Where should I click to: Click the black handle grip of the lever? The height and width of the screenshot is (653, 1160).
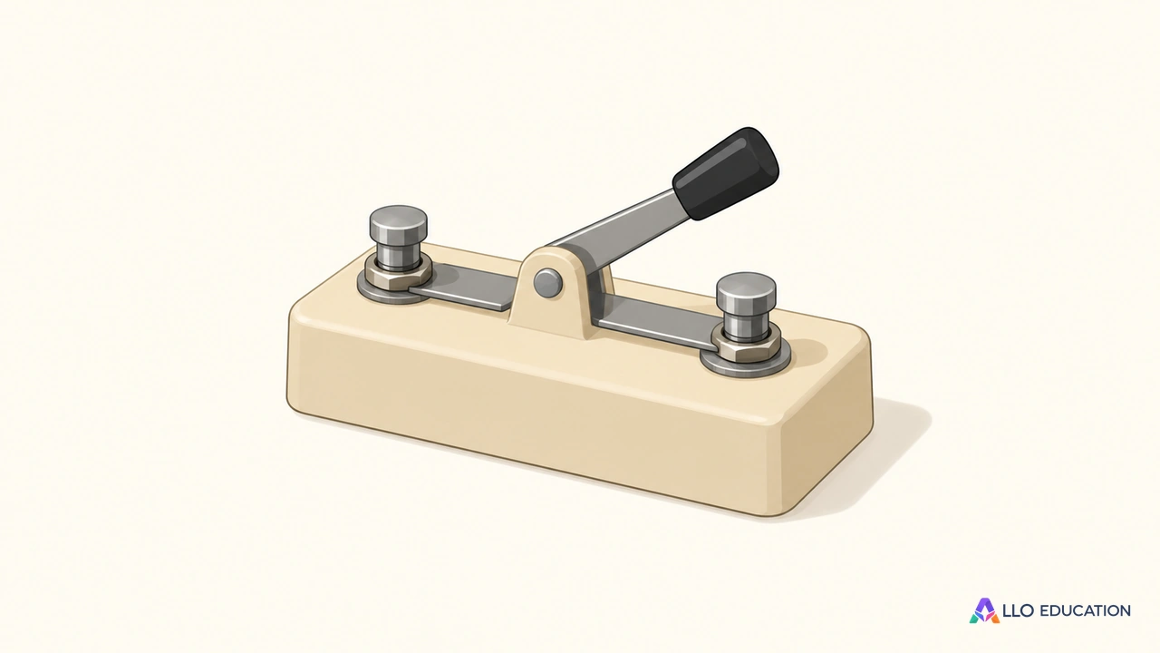tap(726, 173)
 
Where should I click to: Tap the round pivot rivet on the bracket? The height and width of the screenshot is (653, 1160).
tap(547, 283)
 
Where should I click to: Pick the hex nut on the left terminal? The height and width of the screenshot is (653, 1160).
tap(398, 273)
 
